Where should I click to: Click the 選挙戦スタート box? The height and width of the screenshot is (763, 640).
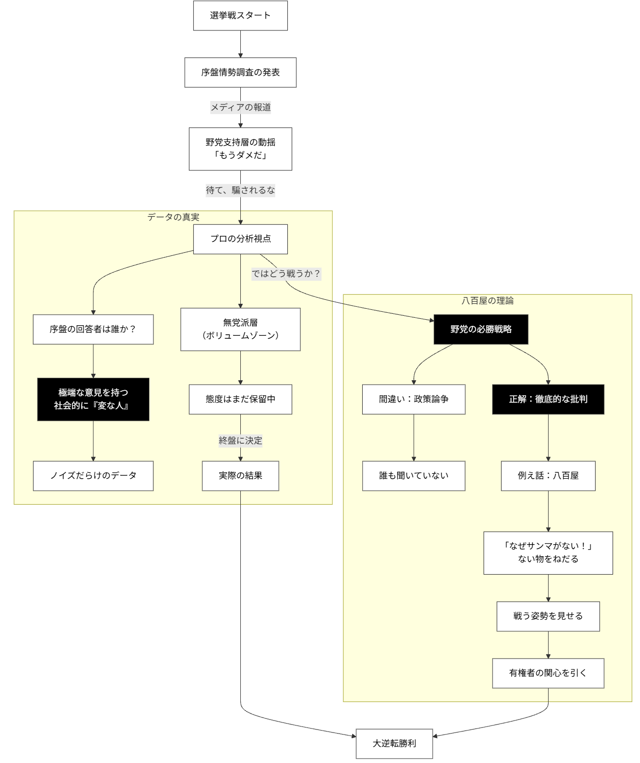tap(240, 15)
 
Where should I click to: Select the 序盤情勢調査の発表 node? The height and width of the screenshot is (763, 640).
tap(240, 72)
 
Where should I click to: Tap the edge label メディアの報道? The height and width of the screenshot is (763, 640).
tap(240, 107)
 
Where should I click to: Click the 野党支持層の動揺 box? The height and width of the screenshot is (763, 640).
tap(240, 149)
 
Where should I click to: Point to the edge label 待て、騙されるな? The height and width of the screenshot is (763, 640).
tap(240, 190)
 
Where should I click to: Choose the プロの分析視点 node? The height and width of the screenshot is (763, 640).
tap(240, 239)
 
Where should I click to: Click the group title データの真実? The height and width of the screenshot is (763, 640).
tap(173, 217)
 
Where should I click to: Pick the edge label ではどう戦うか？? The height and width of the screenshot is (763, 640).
tap(286, 274)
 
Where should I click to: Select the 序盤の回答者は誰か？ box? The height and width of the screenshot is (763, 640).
tap(93, 329)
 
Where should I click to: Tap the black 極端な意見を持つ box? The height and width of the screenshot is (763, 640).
tap(93, 399)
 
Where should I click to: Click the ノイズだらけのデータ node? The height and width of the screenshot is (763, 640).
tap(93, 476)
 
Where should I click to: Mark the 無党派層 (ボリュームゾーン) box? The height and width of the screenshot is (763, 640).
tap(240, 329)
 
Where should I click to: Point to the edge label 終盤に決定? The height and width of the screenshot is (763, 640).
tap(240, 441)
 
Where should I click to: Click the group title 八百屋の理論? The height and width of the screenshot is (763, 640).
tap(487, 301)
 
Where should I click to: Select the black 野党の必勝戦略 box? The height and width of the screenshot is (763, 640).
tap(481, 329)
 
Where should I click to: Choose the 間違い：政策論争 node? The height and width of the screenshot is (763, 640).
tap(414, 399)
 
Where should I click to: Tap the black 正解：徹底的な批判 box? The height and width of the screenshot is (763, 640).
tap(548, 399)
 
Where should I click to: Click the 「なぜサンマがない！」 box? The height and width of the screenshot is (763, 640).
tap(548, 553)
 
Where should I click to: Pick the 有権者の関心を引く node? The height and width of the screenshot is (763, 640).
tap(548, 673)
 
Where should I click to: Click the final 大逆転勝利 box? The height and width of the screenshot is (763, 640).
tap(394, 744)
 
